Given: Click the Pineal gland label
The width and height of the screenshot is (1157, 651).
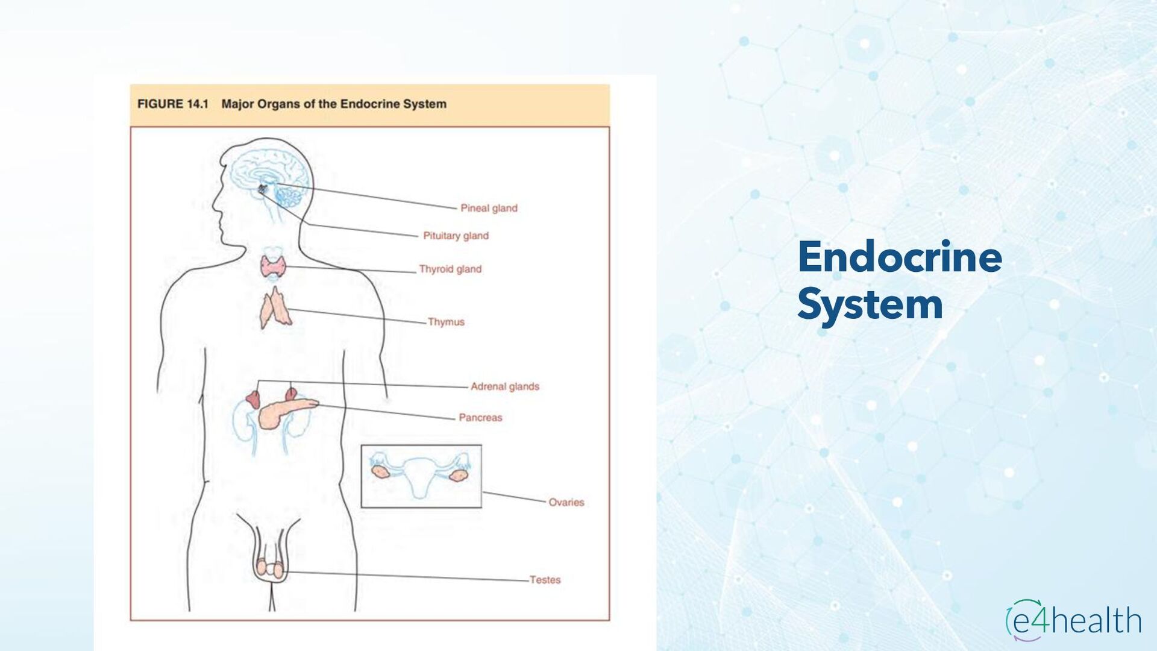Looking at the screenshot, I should [489, 209].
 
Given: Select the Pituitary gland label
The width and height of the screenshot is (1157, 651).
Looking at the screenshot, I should [456, 236].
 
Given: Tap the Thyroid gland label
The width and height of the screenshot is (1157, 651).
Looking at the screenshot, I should [450, 269].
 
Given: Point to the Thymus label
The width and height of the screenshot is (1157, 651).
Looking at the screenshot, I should [446, 322].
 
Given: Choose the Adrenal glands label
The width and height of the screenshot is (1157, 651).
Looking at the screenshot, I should [504, 386].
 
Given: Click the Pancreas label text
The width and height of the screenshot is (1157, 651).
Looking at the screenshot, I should [480, 418].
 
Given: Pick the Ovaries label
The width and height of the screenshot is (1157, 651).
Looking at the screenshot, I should [566, 502].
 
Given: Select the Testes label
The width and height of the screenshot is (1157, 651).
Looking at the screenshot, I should [545, 580].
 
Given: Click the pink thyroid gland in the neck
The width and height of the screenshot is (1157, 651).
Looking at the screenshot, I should [273, 266].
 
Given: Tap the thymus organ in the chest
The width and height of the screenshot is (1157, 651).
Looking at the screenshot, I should [275, 309].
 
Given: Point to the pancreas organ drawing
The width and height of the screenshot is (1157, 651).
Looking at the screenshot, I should [283, 412].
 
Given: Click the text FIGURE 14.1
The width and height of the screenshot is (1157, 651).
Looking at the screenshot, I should [173, 104].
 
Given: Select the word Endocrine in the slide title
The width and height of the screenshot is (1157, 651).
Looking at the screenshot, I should [900, 257].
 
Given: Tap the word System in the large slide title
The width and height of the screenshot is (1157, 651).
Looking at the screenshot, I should [870, 304].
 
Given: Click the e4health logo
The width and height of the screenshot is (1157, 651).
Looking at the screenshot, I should [1073, 620].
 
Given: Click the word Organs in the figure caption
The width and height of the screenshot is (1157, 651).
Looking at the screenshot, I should [278, 104].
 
